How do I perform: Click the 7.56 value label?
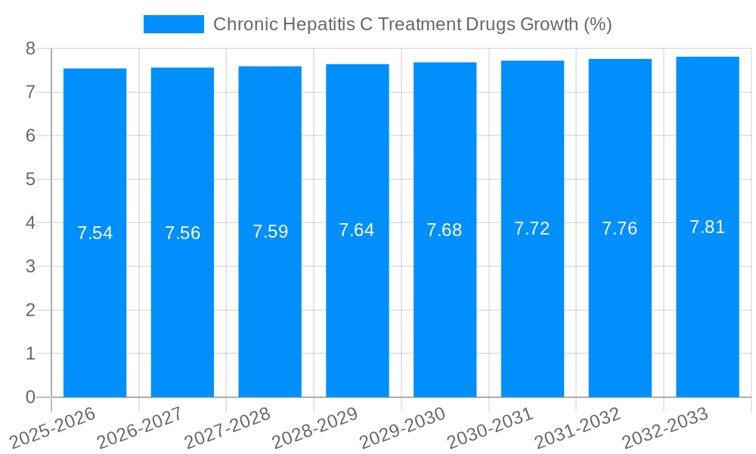click(182, 233)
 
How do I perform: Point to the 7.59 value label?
click(270, 232)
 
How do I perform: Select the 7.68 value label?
click(445, 230)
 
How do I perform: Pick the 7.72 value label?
click(532, 229)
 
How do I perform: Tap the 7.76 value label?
click(620, 229)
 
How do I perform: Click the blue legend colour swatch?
click(174, 24)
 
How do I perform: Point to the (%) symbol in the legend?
click(597, 24)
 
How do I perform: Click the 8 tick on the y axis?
click(30, 48)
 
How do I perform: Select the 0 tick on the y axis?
click(30, 397)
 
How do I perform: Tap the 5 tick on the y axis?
click(30, 179)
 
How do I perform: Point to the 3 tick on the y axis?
click(30, 266)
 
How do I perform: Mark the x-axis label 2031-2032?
click(578, 427)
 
